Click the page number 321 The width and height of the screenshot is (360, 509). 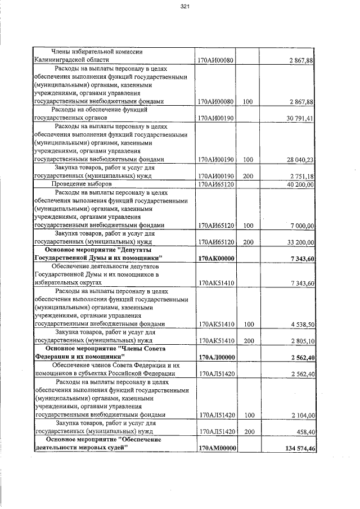click(x=184, y=7)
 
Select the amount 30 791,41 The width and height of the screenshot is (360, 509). click(x=300, y=118)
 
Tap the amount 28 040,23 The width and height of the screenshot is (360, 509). click(x=300, y=160)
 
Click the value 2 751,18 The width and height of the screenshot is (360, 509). click(x=301, y=176)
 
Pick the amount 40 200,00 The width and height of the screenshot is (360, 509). click(x=300, y=184)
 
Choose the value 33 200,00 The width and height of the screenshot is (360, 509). click(x=300, y=242)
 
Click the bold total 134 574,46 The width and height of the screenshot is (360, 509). click(x=298, y=448)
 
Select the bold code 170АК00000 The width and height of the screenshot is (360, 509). click(x=217, y=258)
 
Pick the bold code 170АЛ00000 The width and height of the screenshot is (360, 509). click(x=217, y=357)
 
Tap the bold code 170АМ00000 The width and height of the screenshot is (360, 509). click(x=217, y=448)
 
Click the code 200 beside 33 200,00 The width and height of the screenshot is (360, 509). click(x=248, y=242)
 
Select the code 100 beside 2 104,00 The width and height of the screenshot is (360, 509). click(x=248, y=415)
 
